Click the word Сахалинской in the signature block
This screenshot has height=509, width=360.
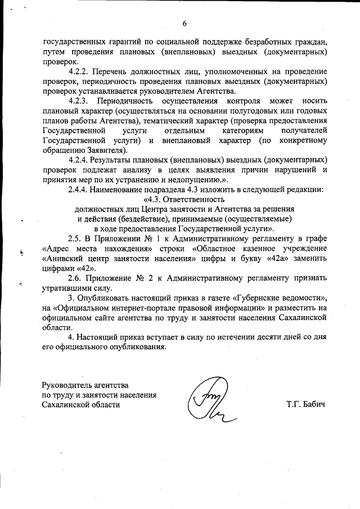tap(66, 405)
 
